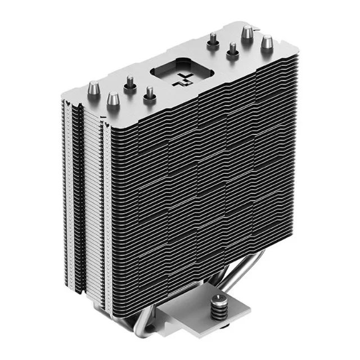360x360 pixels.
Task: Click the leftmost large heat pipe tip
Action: click(x=93, y=88)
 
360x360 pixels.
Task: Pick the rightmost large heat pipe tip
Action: click(x=267, y=42)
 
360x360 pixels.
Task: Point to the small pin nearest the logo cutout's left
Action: click(x=150, y=92)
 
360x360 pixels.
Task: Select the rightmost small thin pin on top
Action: click(x=231, y=49)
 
